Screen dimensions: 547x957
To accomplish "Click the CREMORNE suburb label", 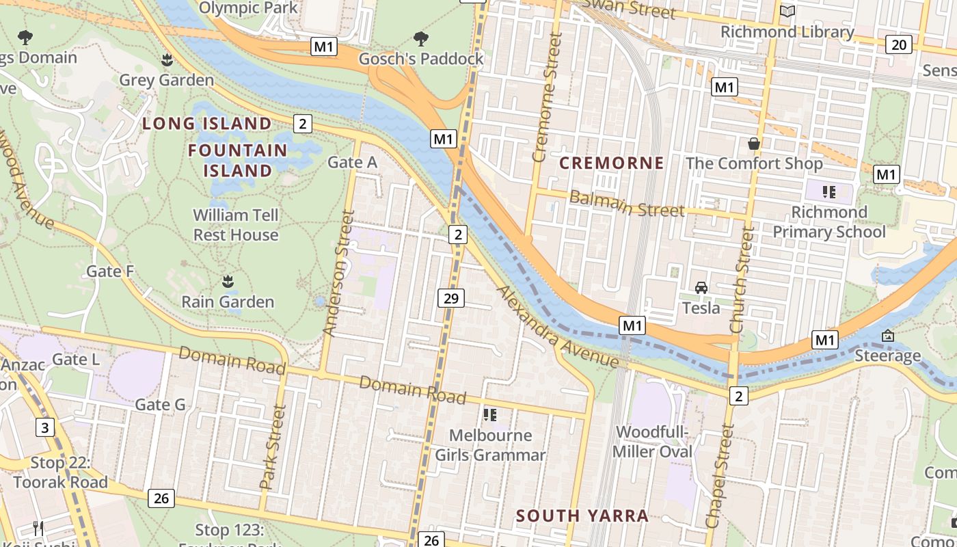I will tap(612, 163).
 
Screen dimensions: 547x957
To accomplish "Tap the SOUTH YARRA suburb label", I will tap(582, 516).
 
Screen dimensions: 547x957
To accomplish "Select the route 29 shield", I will tap(450, 298).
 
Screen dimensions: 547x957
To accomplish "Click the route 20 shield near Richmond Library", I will tap(898, 44).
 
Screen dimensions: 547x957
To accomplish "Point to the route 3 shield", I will tap(45, 428).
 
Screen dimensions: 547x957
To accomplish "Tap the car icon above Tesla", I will tap(701, 288).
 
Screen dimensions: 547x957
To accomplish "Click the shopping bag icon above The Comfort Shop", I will tap(754, 144).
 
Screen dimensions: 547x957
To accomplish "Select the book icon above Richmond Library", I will tap(787, 12).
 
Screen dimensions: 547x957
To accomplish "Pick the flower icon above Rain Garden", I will tap(228, 281).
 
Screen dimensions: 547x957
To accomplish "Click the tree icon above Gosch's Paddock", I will tap(421, 38).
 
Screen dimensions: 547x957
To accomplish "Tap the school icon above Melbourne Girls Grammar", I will tap(489, 414).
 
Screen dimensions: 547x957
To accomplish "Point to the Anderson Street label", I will tap(339, 273).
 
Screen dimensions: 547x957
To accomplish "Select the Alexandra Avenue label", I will tap(558, 329).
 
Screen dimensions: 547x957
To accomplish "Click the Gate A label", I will tap(352, 162).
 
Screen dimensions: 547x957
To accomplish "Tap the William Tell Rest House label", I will tap(236, 225).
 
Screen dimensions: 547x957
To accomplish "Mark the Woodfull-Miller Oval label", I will tap(652, 442).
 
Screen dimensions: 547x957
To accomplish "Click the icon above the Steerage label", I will tap(887, 336).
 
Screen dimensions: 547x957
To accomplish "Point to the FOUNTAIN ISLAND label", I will tap(238, 160).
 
